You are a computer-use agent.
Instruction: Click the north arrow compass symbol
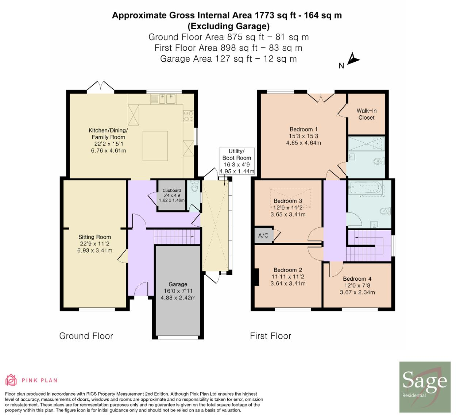click(x=352, y=59)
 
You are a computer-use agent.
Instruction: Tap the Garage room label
click(x=178, y=284)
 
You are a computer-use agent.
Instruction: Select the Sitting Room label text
click(x=94, y=237)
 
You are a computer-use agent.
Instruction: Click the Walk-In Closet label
click(x=367, y=114)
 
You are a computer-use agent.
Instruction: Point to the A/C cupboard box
click(x=263, y=235)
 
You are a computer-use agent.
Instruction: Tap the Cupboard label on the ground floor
click(x=172, y=191)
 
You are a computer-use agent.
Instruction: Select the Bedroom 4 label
click(x=357, y=279)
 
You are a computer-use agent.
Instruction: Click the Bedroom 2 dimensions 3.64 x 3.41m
click(x=288, y=284)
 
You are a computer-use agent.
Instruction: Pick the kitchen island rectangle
click(x=155, y=146)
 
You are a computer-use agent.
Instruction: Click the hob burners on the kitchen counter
click(x=189, y=116)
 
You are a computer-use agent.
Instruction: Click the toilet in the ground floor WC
click(x=194, y=186)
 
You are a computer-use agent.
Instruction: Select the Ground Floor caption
click(x=86, y=336)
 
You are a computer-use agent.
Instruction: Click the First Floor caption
click(x=270, y=336)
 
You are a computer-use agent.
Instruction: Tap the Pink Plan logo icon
click(x=11, y=380)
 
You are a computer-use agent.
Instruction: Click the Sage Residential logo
click(x=425, y=387)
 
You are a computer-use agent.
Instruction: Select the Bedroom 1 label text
click(x=304, y=129)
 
